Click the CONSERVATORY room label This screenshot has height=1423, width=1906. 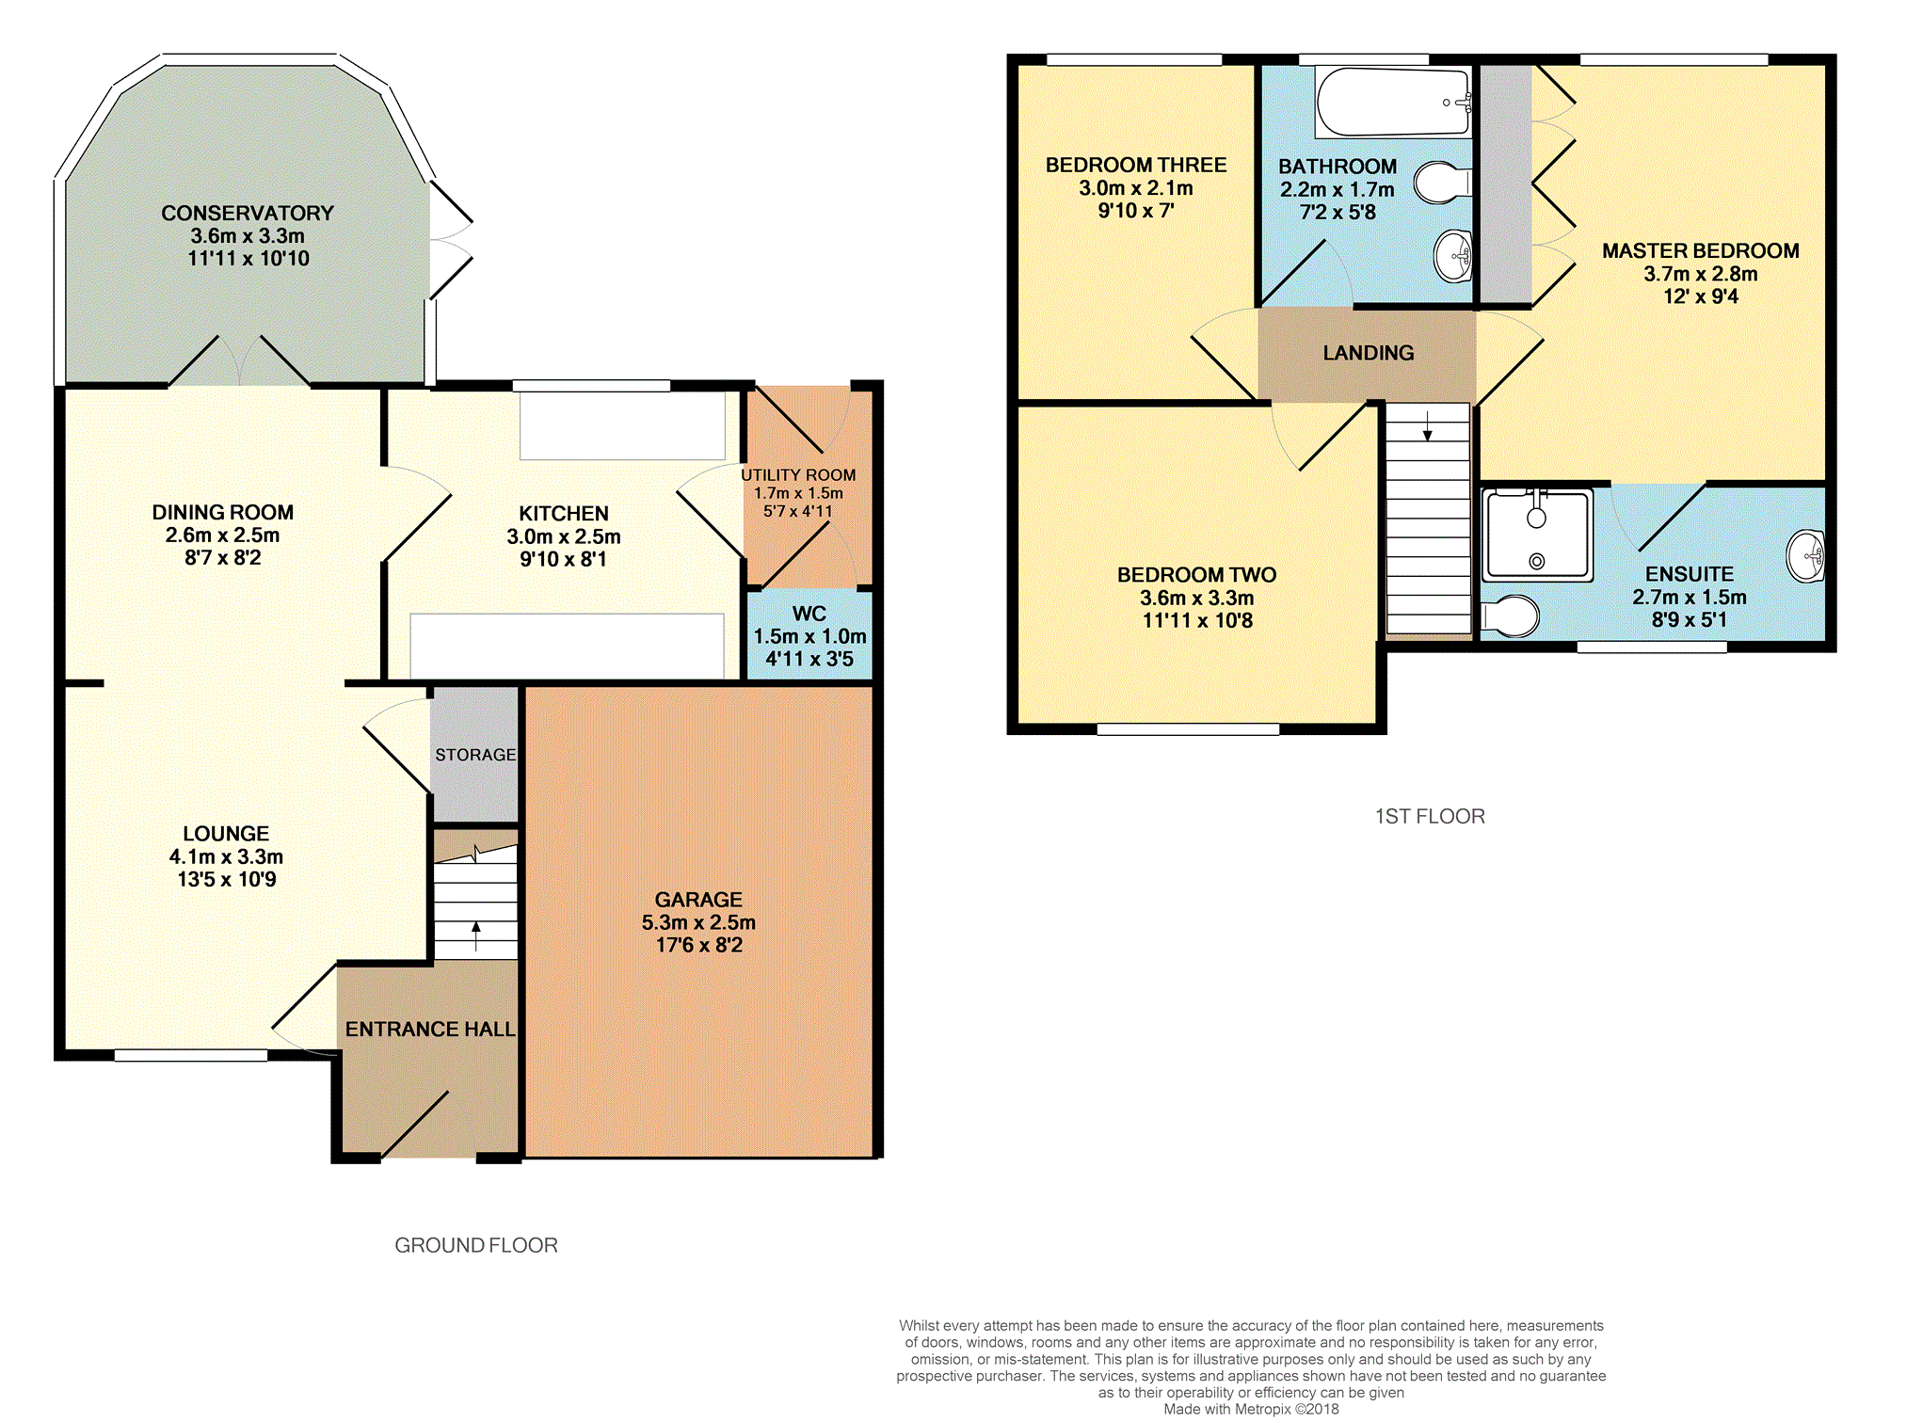(248, 214)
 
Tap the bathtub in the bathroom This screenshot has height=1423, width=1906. (1393, 102)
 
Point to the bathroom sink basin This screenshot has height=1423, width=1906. (1453, 255)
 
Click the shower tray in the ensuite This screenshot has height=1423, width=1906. (1537, 534)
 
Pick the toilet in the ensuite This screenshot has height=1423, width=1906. (1510, 616)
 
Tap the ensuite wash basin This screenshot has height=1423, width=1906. (1806, 555)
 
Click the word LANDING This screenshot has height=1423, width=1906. (1369, 353)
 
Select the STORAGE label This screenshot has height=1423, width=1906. (475, 755)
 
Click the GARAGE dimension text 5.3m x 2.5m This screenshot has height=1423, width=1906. (698, 922)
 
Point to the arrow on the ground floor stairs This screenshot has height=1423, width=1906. (476, 935)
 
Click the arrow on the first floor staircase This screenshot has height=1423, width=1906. (1428, 425)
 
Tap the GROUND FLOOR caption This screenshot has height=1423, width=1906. (476, 1245)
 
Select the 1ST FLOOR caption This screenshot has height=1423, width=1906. (1430, 817)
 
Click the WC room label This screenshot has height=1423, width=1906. (809, 614)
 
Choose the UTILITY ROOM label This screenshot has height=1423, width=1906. (798, 475)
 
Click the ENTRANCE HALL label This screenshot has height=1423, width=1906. (430, 1030)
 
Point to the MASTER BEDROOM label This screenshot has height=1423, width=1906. (1701, 251)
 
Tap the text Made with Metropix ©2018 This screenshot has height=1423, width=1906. (1251, 1409)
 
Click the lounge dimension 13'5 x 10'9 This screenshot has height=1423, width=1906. (227, 880)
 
